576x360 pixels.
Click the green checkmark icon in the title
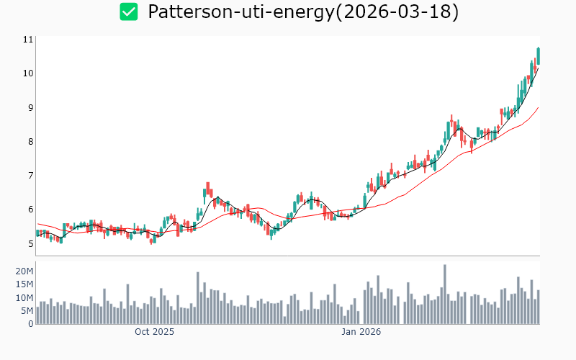(128, 12)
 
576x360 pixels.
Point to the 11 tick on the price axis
(29, 40)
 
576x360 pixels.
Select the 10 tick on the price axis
(29, 73)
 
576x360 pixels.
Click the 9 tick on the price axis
(30, 108)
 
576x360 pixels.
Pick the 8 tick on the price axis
(30, 142)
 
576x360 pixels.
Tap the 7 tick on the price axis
(30, 176)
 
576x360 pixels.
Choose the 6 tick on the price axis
(30, 210)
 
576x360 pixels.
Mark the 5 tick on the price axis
(30, 244)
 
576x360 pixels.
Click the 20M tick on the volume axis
(24, 271)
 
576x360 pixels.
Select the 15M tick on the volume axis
(24, 284)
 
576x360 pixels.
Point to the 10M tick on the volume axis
(24, 297)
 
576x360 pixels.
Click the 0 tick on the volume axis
(31, 324)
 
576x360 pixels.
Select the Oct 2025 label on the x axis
(154, 333)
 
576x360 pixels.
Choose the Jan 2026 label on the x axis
(361, 333)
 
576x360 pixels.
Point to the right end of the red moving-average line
(538, 108)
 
